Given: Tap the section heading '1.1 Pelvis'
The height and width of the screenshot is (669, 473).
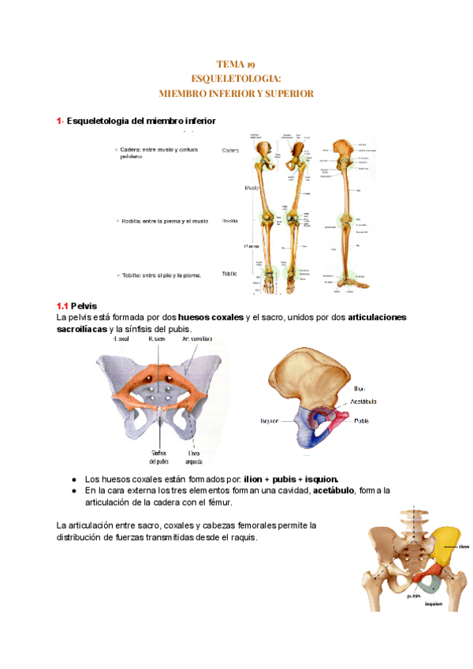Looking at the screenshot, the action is (76, 305).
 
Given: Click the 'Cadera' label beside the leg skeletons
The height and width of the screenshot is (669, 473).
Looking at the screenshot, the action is (231, 150).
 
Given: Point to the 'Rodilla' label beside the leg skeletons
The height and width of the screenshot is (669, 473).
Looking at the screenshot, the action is (230, 222).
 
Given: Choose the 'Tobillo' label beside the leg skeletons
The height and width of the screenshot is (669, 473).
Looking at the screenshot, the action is (229, 274).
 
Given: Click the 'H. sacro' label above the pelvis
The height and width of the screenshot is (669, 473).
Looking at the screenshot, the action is (157, 338).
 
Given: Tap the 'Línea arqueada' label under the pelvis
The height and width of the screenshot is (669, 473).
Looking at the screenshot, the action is (193, 458).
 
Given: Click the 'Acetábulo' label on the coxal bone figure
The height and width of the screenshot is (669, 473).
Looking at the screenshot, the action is (366, 402).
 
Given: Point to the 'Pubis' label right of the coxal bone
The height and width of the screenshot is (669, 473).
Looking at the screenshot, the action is (362, 420).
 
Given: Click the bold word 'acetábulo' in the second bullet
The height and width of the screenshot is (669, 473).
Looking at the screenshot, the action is (333, 490).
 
